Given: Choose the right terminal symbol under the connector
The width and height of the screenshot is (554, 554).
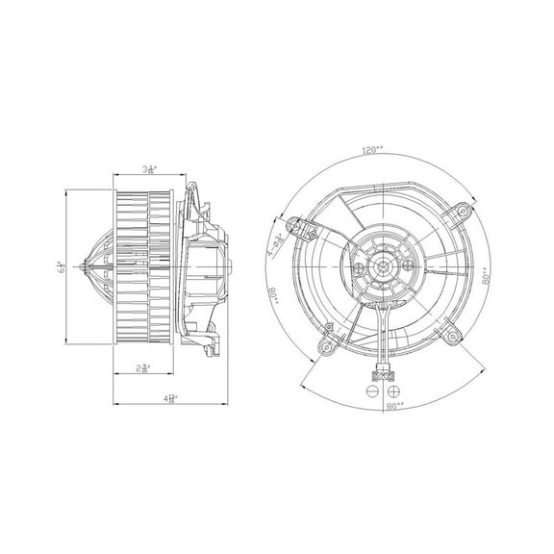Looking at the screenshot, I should point(390,392).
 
